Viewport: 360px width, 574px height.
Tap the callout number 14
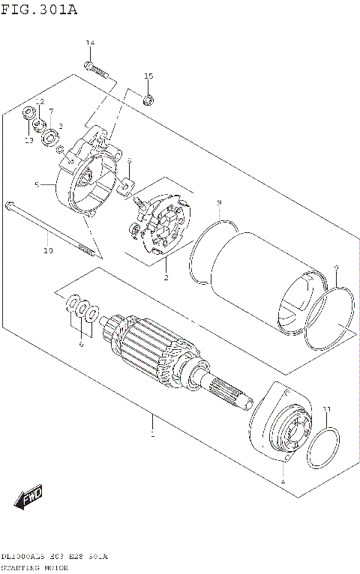[x=89, y=43]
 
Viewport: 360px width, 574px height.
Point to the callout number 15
[x=148, y=76]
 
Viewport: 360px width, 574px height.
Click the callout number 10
[x=47, y=250]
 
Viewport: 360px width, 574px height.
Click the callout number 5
[x=36, y=184]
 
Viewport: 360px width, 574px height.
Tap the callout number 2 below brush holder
[x=166, y=278]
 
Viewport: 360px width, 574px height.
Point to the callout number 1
[x=152, y=434]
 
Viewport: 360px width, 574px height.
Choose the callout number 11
[x=326, y=408]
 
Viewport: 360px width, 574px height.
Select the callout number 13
[x=28, y=139]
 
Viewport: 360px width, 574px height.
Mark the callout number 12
[x=40, y=101]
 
